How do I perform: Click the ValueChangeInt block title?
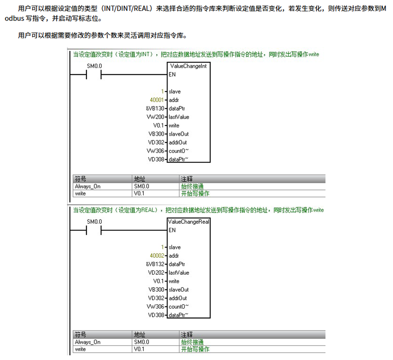189,66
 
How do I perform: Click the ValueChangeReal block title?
189,222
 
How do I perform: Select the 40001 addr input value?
157,100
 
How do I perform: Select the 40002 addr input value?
157,256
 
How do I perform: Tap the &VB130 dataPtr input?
155,109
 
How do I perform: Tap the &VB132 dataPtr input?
155,264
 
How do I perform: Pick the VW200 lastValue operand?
155,117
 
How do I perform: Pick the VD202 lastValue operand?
156,273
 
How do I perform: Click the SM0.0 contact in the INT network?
94,75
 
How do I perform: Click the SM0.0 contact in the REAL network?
94,230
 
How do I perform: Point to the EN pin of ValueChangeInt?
172,75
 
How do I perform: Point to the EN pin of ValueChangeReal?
172,230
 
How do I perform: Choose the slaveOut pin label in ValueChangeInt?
179,134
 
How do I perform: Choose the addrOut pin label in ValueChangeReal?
178,298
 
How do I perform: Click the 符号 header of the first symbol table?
80,179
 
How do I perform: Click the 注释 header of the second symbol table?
187,335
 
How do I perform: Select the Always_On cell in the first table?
88,186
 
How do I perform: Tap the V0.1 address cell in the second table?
139,349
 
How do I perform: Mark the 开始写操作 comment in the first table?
195,194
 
